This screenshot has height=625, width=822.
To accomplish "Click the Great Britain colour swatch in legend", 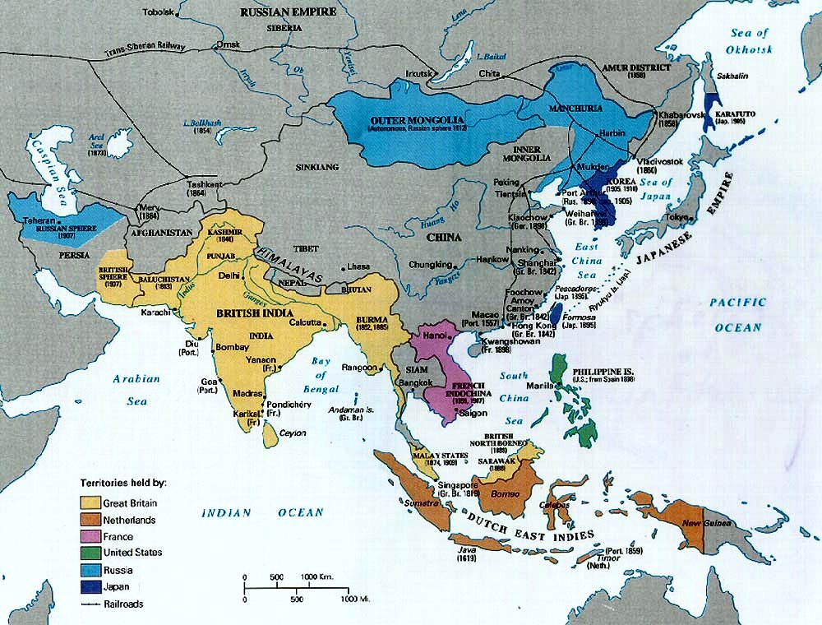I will tap(89, 502).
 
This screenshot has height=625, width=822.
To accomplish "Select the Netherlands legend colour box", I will tap(89, 520).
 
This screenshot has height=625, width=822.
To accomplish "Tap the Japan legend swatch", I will tap(89, 586).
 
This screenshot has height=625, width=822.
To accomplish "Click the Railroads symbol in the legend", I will tap(89, 603).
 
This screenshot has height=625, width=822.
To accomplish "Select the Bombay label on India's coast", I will tap(232, 348).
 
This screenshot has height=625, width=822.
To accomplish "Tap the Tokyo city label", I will tap(679, 216).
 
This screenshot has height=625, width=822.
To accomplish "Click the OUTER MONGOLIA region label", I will tap(404, 121).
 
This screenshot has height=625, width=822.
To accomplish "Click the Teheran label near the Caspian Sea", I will tap(39, 221).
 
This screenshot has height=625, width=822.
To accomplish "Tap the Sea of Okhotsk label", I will tap(750, 41).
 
